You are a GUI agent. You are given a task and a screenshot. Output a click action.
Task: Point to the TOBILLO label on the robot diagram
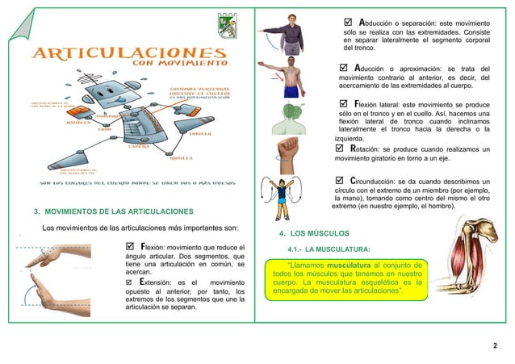pyautogui.click(x=201, y=134)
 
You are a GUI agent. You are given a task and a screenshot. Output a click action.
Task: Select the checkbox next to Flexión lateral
pyautogui.click(x=344, y=104)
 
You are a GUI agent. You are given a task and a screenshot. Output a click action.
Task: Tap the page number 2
pyautogui.click(x=495, y=345)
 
